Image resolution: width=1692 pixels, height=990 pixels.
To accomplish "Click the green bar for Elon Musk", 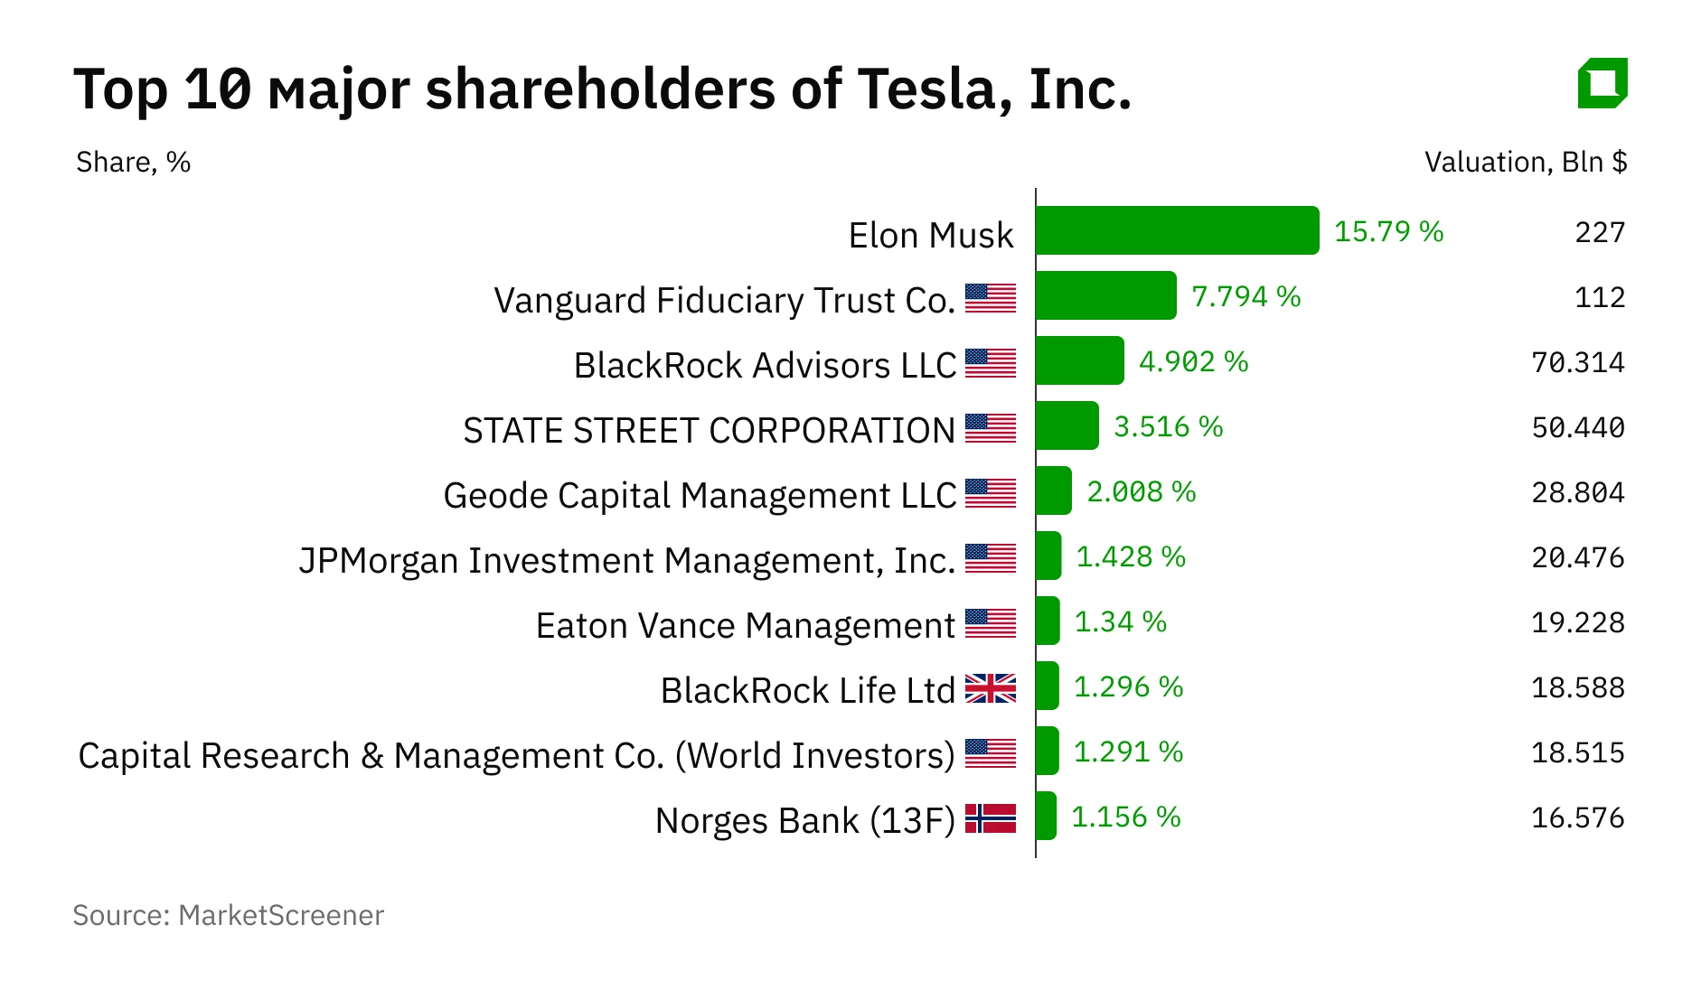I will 1177,230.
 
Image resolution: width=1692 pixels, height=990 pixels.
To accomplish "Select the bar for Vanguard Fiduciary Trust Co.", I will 1105,295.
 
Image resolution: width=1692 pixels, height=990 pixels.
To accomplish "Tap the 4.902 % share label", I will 1193,361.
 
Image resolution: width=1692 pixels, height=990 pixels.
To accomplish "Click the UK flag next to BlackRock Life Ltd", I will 990,688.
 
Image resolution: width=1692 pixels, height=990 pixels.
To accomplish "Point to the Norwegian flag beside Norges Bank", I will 990,818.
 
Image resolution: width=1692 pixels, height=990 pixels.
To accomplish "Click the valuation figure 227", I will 1599,232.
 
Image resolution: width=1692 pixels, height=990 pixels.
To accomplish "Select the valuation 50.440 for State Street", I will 1577,427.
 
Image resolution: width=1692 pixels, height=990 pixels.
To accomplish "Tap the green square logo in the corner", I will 1603,83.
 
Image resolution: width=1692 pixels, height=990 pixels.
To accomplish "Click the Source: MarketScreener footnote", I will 228,915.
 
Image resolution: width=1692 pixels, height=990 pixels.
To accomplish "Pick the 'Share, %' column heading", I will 133,162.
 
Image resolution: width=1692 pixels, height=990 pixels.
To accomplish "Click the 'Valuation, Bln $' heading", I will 1525,162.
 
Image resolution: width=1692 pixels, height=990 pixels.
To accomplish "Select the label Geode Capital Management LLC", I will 699,495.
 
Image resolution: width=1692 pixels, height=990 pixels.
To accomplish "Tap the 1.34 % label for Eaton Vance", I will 1120,621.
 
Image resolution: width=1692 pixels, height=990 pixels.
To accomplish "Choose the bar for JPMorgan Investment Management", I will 1048,556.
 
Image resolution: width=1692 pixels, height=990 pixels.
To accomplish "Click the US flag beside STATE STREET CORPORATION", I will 990,428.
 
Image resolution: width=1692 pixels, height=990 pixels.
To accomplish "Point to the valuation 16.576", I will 1577,817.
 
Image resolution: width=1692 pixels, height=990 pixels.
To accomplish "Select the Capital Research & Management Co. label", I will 516,755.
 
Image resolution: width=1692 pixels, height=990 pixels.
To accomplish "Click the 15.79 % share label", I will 1388,231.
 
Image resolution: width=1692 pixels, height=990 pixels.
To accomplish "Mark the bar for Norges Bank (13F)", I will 1046,816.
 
